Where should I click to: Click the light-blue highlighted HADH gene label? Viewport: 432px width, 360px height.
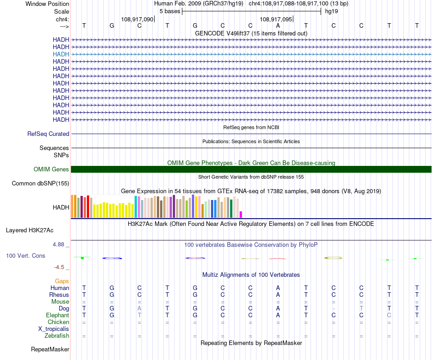coord(61,54)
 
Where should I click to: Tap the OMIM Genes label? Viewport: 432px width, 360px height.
coord(51,169)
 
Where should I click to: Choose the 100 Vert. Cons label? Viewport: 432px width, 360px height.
coord(25,256)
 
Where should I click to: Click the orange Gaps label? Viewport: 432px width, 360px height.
coord(62,281)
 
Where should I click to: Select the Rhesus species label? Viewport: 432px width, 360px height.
coord(59,295)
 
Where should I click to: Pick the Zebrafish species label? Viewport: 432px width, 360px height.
coord(57,336)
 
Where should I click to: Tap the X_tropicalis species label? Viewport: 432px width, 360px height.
coord(54,329)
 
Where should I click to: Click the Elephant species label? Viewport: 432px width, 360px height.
coord(58,315)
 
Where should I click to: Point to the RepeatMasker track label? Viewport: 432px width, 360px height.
coord(50,350)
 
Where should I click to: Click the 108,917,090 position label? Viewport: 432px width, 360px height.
coord(137,19)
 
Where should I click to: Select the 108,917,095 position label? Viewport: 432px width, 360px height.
coord(276,19)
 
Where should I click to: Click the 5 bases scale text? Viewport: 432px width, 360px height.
coord(170,11)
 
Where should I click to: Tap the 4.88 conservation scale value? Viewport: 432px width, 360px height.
coord(60,245)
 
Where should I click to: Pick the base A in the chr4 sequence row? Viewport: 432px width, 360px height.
coord(278,26)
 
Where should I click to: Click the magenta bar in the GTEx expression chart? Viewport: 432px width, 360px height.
coord(241,214)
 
